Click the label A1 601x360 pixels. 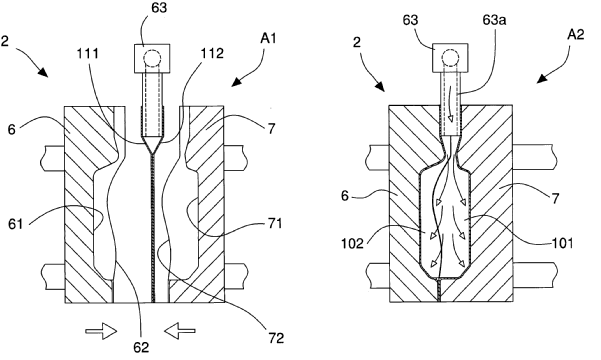[x=268, y=39]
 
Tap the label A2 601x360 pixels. [x=576, y=35]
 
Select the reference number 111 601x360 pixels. [x=88, y=54]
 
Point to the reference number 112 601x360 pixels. [x=212, y=54]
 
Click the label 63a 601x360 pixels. [x=494, y=20]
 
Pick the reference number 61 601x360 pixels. [x=16, y=224]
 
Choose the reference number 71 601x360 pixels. [x=275, y=223]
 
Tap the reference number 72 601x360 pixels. [x=276, y=338]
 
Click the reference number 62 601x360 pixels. [x=141, y=347]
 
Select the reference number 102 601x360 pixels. [x=352, y=243]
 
